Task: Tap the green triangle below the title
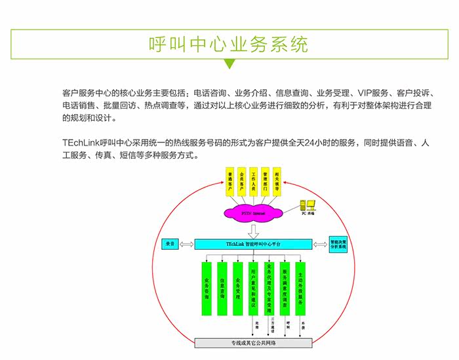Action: coord(229,64)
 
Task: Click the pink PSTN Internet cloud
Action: coord(252,213)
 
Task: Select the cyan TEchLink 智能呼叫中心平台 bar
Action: coord(253,244)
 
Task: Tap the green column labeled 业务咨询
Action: coord(206,289)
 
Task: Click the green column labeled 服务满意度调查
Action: coord(285,289)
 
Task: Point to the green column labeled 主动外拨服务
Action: coord(301,289)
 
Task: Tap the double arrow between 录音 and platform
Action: coord(186,245)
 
